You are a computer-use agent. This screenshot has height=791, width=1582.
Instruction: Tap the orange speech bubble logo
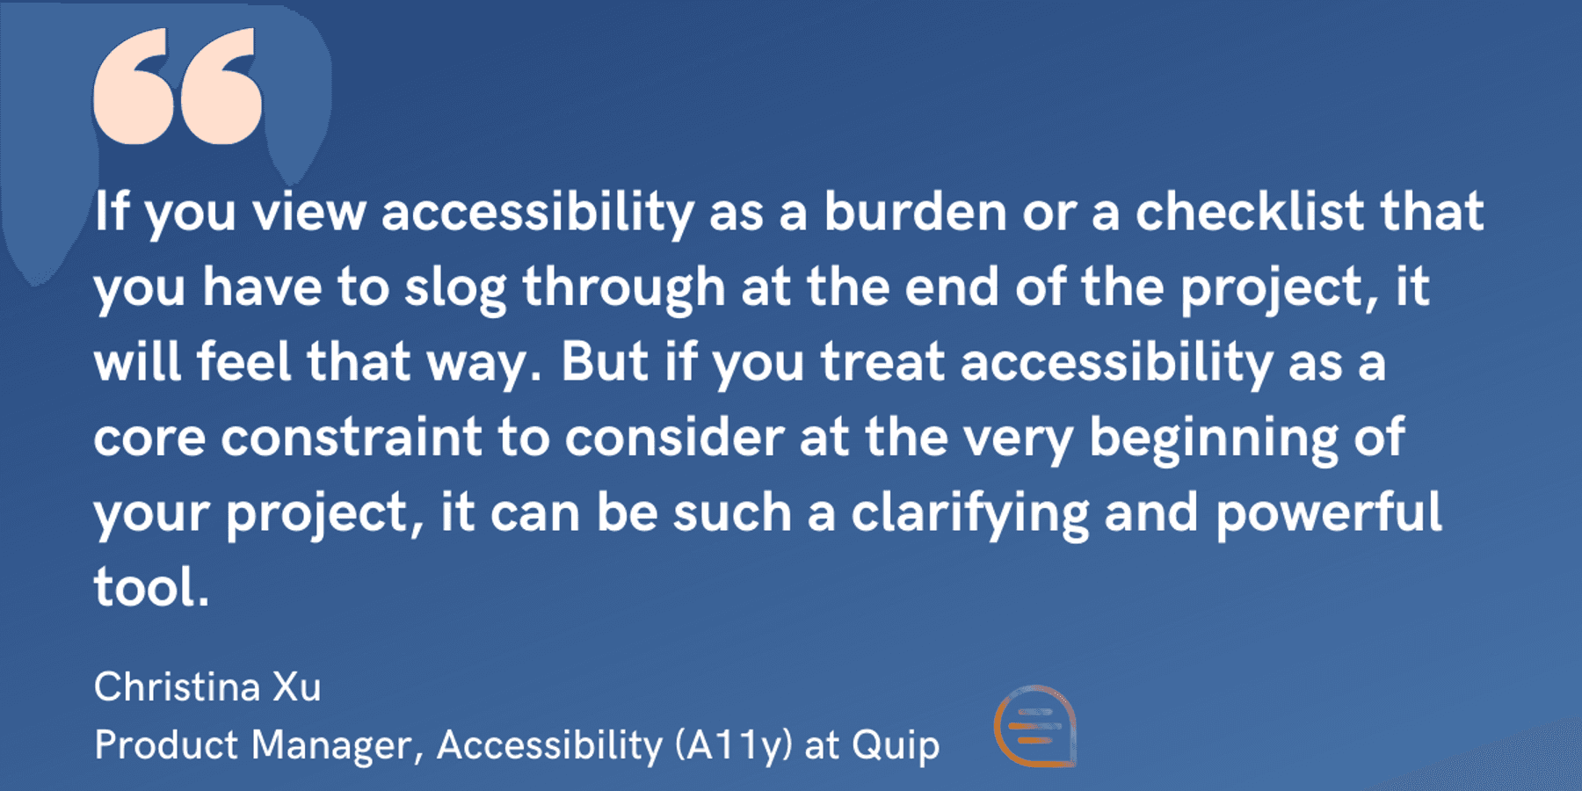click(x=1035, y=726)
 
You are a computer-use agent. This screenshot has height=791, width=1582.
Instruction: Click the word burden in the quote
click(x=914, y=213)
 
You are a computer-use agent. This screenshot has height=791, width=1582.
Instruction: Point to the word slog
click(x=454, y=288)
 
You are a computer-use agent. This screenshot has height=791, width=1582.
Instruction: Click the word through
click(x=623, y=288)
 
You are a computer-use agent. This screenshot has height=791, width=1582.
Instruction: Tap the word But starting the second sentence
click(x=605, y=362)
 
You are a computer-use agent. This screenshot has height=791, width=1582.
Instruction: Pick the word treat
click(x=882, y=362)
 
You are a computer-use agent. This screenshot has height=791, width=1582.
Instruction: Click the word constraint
click(x=352, y=438)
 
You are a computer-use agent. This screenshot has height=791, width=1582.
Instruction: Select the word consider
click(x=674, y=438)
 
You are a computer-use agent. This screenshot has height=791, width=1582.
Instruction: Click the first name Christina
click(x=177, y=687)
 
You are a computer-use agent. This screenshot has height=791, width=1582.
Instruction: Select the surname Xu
click(x=297, y=687)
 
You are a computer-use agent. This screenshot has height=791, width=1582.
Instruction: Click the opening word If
click(x=112, y=213)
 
